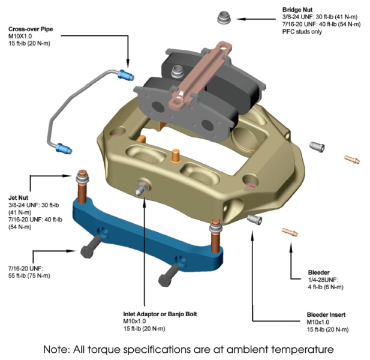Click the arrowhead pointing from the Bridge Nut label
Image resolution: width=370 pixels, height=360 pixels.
(x=243, y=19)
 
